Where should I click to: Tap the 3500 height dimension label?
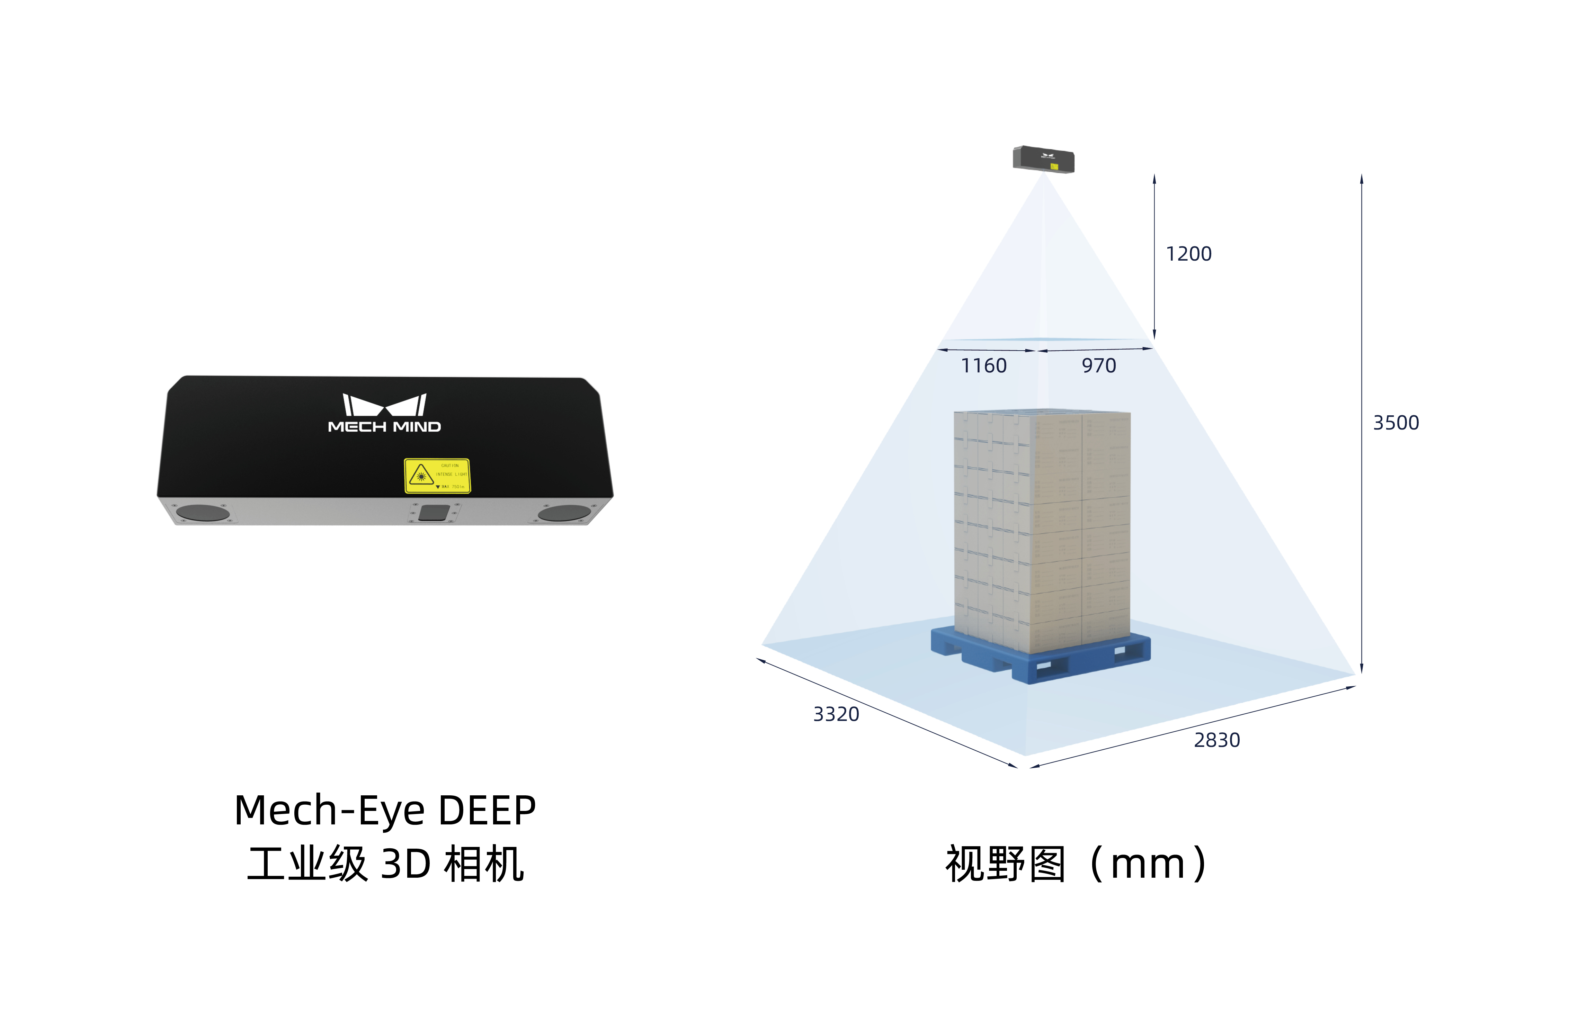[x=1396, y=423]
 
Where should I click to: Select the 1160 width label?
[x=983, y=366]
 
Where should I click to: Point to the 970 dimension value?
[x=1098, y=366]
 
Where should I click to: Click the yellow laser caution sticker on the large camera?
[x=437, y=476]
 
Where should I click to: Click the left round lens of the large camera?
[x=203, y=513]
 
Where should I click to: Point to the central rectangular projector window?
[x=433, y=513]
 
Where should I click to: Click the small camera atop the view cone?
[x=1043, y=159]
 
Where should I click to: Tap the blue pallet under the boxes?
[x=1041, y=656]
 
